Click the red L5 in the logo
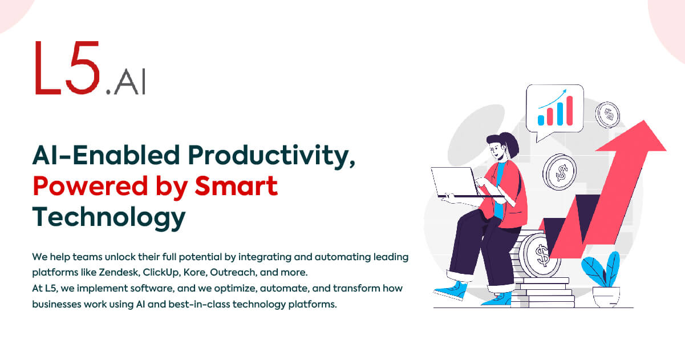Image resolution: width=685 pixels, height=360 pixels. click(67, 67)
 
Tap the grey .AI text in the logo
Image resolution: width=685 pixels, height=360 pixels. click(125, 82)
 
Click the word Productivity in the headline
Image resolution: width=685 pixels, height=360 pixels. click(271, 156)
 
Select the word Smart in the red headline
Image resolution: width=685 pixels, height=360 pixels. click(236, 185)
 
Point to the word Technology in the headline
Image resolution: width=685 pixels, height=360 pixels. click(109, 218)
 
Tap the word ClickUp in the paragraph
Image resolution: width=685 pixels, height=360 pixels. click(161, 273)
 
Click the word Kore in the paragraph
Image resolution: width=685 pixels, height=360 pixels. click(196, 272)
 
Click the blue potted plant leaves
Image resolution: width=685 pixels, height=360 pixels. click(601, 269)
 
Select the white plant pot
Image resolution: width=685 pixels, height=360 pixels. click(606, 297)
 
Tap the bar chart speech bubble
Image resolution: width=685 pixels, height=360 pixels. click(554, 110)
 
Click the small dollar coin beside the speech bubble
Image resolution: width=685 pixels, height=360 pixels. click(607, 115)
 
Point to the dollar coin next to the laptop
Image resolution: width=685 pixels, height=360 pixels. click(560, 172)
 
